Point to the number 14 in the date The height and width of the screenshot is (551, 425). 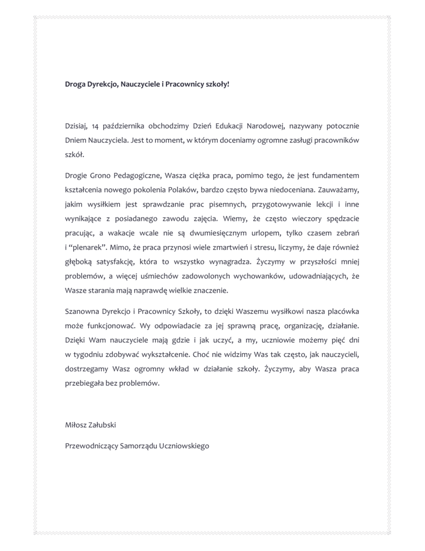(96, 126)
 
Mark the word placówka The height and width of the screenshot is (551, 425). (340, 312)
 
